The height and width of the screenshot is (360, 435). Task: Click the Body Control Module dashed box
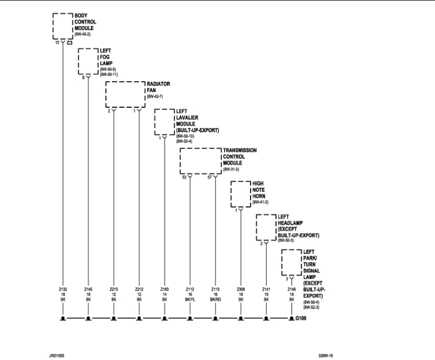[x=62, y=26]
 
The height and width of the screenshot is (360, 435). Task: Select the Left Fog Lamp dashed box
[x=88, y=62]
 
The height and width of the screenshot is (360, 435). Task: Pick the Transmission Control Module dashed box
[x=201, y=161]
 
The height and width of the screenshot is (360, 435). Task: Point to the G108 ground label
[x=300, y=318]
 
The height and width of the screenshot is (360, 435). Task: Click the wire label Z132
[x=63, y=288]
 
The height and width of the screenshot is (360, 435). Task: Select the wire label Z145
[x=88, y=288]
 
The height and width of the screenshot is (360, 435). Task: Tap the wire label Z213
[x=114, y=288]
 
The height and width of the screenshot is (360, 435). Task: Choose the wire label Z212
[x=139, y=288]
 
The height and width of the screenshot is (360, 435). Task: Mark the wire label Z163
[x=164, y=288]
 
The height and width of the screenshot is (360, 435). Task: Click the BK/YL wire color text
[x=190, y=300]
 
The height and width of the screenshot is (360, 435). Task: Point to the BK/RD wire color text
[x=215, y=300]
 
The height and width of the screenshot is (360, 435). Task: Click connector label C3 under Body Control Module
[x=70, y=43]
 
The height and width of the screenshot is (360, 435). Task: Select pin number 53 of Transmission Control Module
[x=184, y=177]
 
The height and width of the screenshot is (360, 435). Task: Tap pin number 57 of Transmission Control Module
[x=209, y=177]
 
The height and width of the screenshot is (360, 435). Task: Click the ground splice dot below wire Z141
[x=266, y=318]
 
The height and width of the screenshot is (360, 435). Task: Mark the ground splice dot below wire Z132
[x=63, y=318]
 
